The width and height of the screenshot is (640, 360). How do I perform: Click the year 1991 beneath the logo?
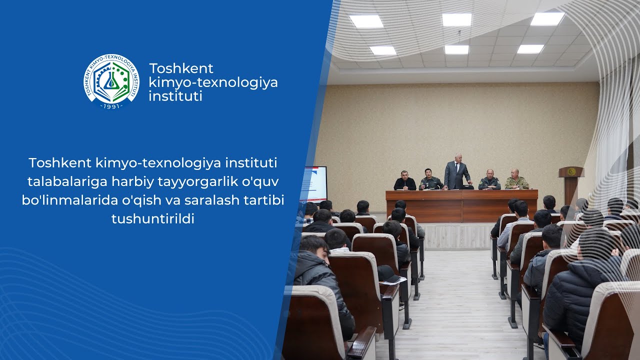111,106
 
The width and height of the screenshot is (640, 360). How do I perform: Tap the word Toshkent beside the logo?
181,68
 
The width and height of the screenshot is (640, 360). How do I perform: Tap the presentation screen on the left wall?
314,184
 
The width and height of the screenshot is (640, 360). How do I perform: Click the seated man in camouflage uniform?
516,180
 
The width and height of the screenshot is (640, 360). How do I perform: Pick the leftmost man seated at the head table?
404,181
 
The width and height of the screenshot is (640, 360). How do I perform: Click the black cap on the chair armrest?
388,273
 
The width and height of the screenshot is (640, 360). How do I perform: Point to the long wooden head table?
461,205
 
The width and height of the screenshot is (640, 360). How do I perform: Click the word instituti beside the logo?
175,96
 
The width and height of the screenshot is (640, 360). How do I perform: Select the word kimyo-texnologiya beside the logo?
213,82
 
